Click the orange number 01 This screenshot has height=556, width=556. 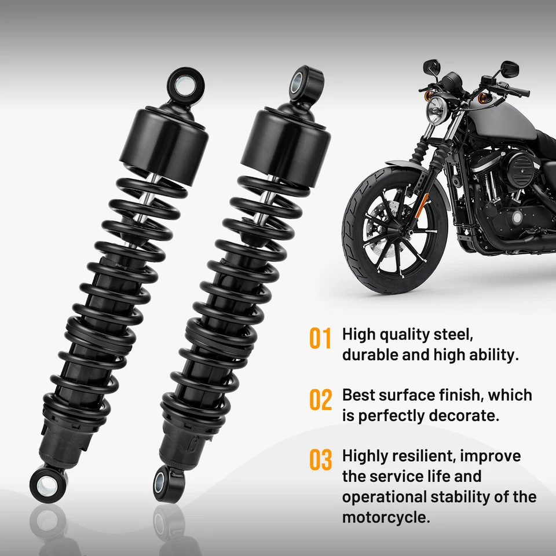tap(320, 338)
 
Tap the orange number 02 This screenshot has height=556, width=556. tap(320, 400)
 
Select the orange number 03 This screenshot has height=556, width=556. tap(320, 460)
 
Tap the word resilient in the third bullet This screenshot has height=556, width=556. tap(425, 456)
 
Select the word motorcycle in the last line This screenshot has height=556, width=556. tap(385, 517)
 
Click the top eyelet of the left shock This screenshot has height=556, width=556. tap(185, 82)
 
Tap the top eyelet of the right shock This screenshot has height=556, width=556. tap(305, 81)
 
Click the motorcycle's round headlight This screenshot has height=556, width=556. tap(435, 109)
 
